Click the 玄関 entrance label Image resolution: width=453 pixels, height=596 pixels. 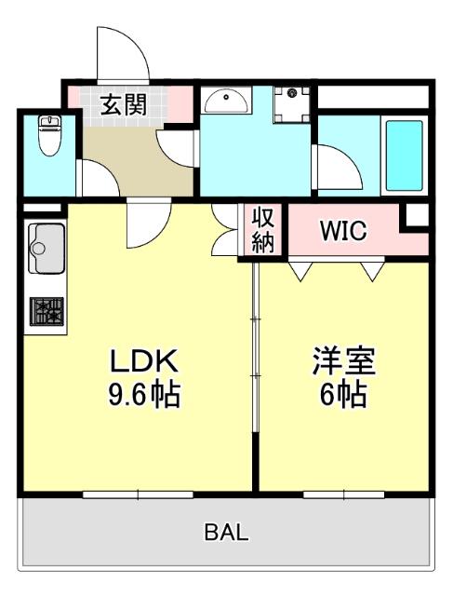click(123, 105)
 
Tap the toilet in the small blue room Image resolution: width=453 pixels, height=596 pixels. click(48, 137)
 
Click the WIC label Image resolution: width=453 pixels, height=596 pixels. click(343, 230)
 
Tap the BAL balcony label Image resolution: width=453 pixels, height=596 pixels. click(227, 533)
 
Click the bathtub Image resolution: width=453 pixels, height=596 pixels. click(404, 154)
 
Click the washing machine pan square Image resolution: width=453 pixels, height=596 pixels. click(294, 102)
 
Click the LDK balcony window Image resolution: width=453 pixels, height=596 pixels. click(137, 493)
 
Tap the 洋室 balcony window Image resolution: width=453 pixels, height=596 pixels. click(343, 493)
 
